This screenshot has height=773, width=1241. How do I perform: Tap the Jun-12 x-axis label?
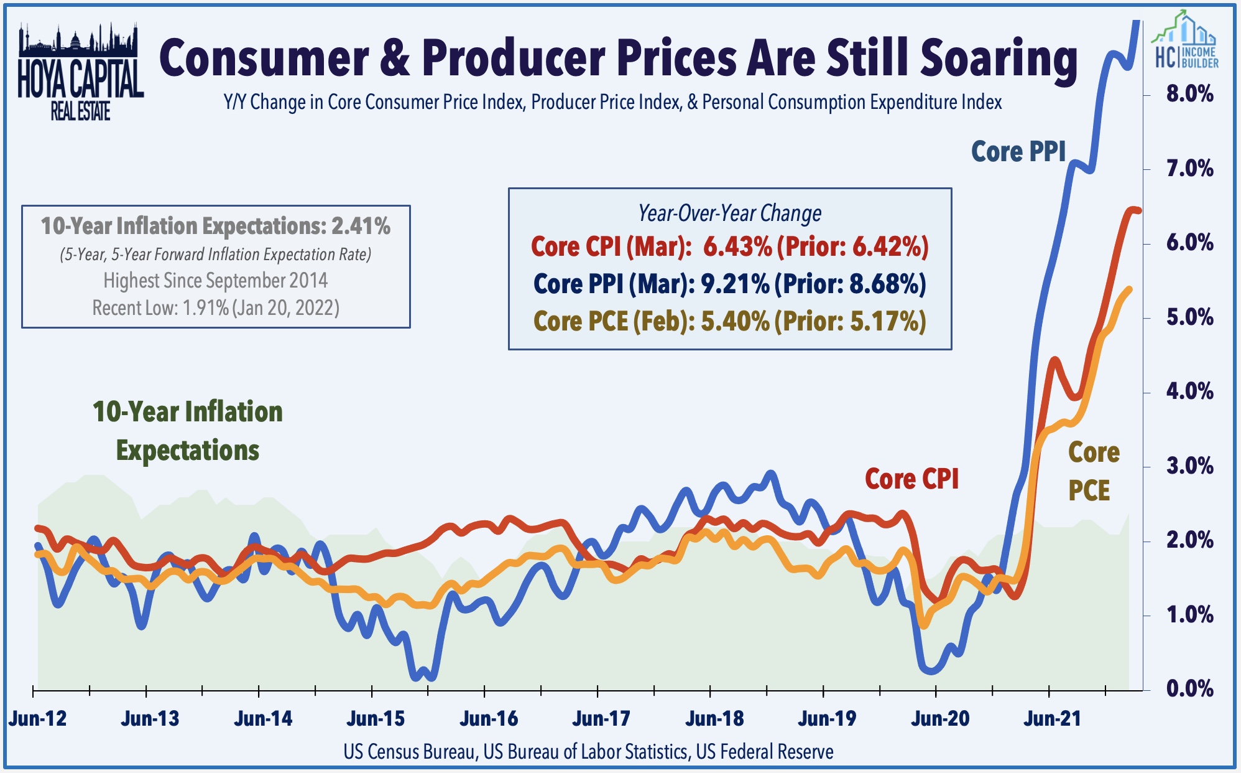tap(37, 719)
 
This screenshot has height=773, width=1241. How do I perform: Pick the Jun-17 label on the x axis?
tap(601, 719)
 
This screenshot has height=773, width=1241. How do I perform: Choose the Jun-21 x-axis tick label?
tap(1053, 719)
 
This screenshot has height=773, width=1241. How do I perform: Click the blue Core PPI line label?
tap(1018, 152)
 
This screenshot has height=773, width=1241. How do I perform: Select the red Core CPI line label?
tap(911, 479)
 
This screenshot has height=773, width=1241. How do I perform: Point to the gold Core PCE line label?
tap(1093, 471)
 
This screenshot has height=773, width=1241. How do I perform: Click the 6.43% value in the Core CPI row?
tap(737, 246)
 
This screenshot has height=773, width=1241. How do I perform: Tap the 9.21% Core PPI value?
tap(736, 284)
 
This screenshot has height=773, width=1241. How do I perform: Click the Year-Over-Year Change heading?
tap(729, 213)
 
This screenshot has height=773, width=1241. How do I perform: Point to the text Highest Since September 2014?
tap(216, 281)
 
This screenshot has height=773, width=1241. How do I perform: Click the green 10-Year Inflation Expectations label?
tap(188, 431)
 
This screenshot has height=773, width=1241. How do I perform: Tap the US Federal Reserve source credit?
tap(765, 752)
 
